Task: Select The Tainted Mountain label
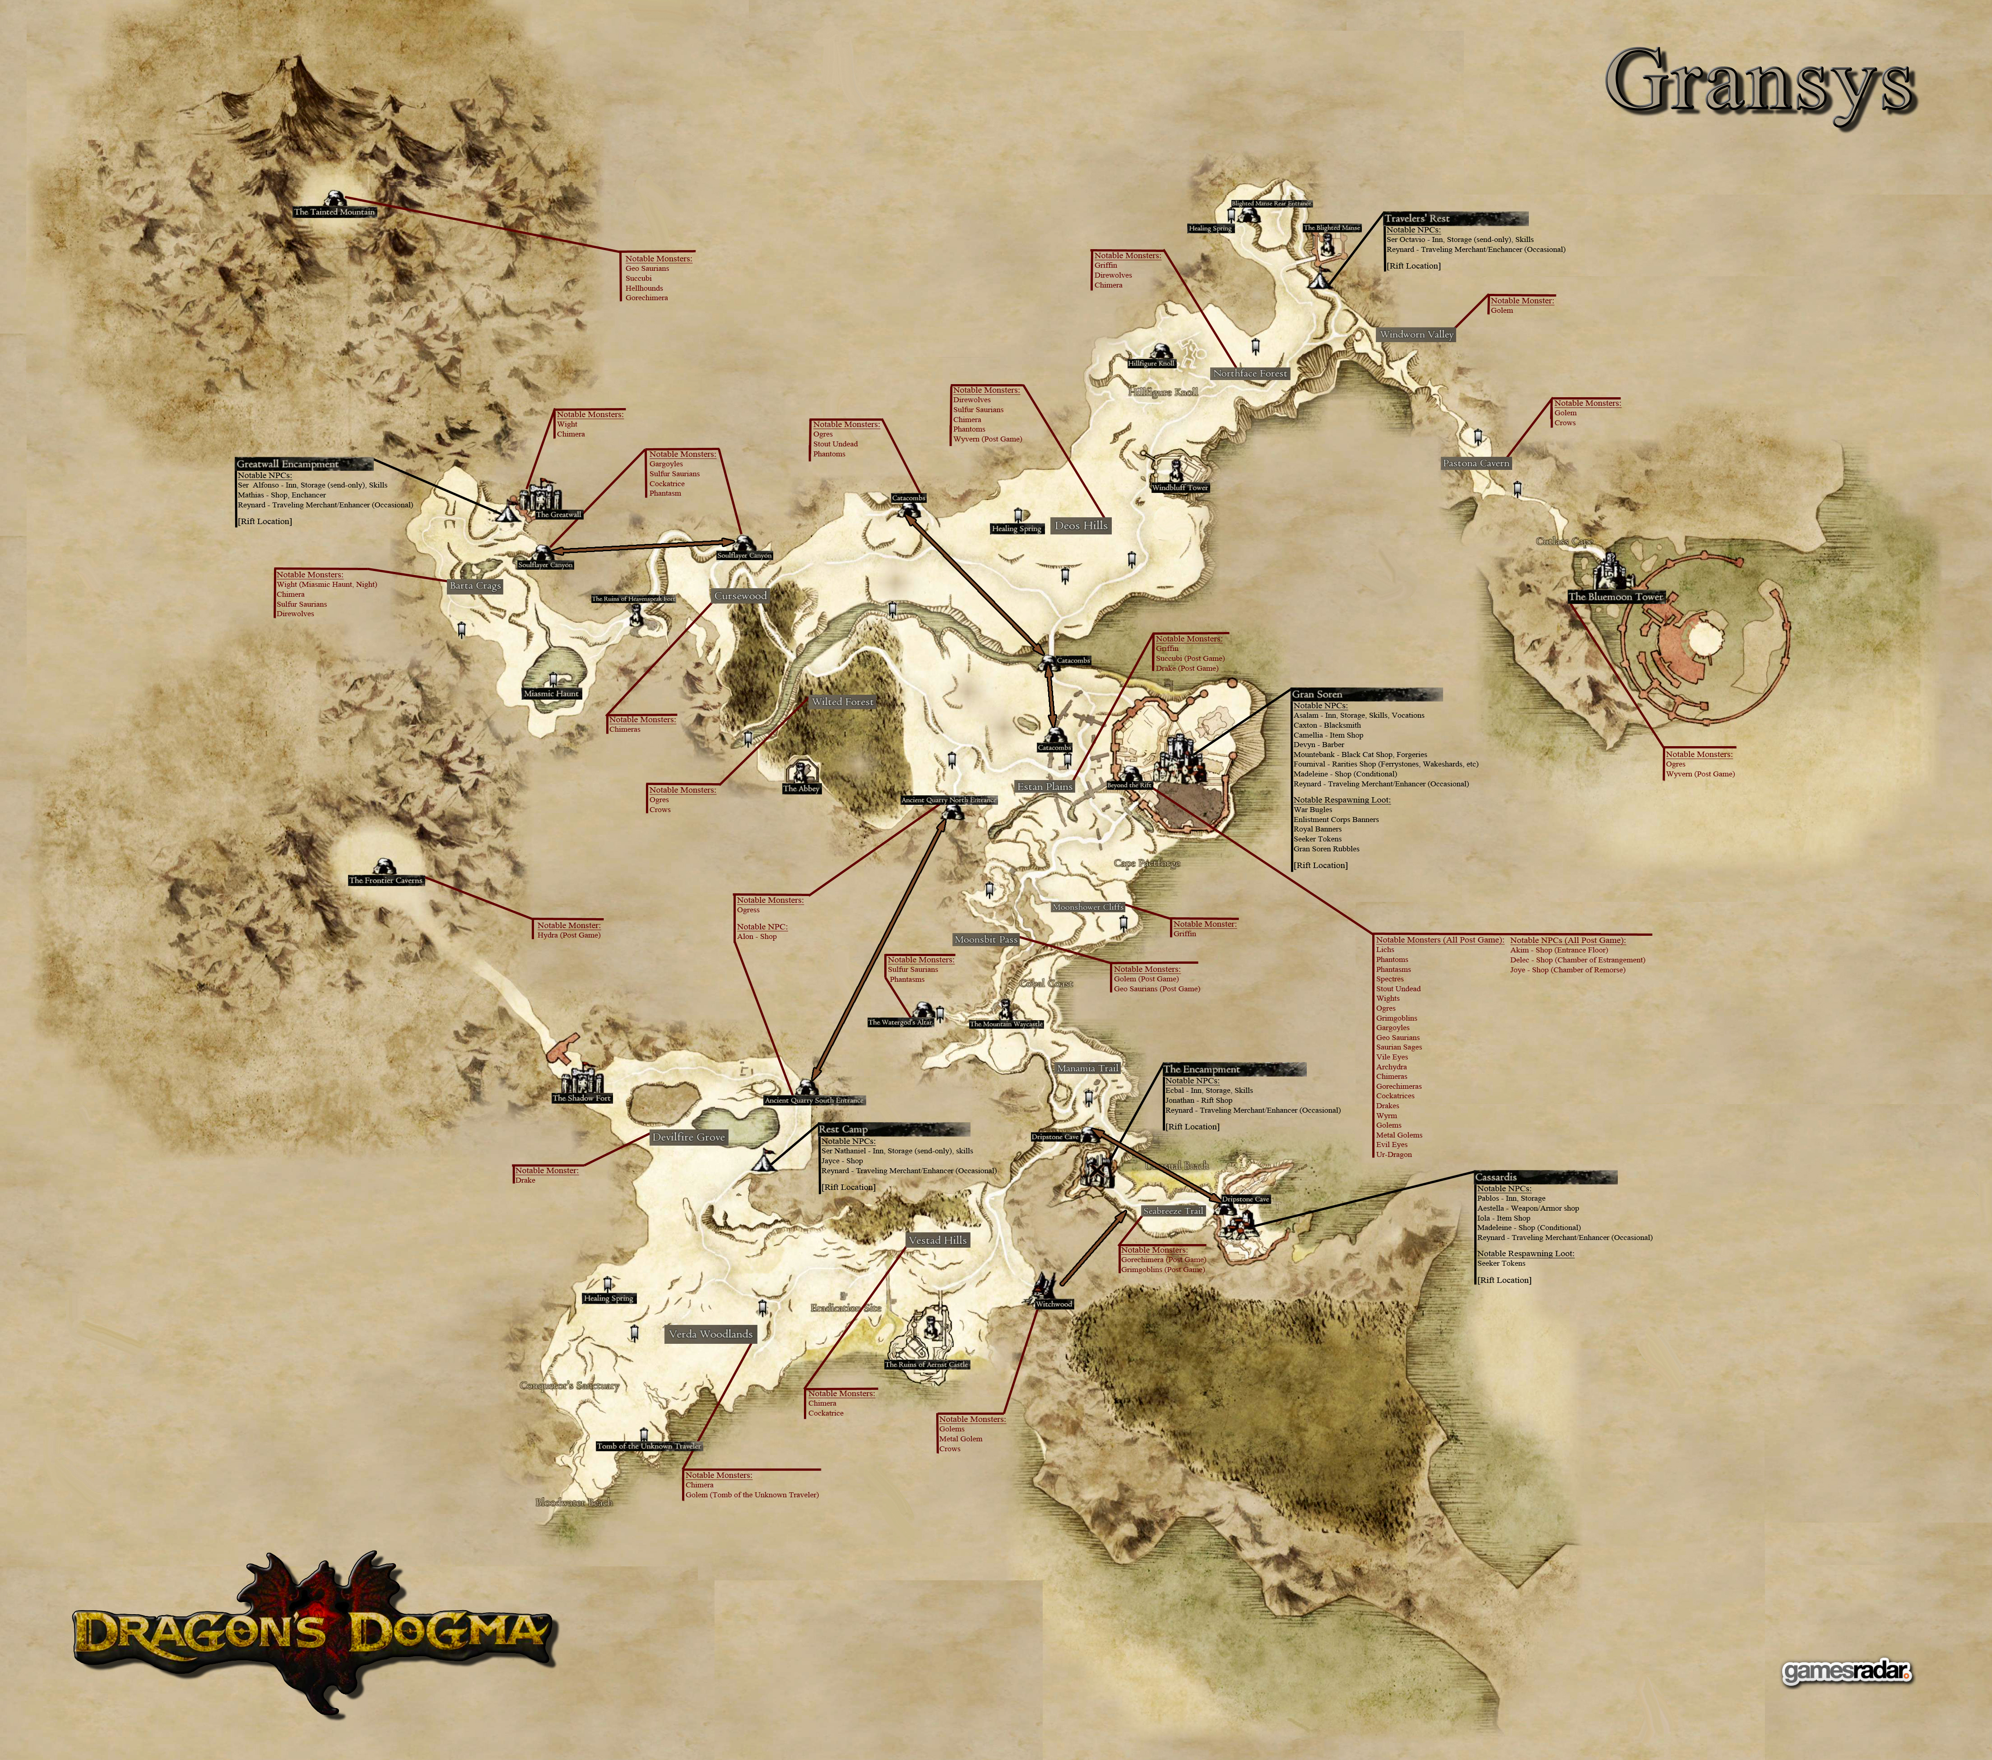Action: (334, 211)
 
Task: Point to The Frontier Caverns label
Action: (386, 880)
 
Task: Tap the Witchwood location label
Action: (1054, 1304)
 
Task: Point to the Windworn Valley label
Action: (1416, 334)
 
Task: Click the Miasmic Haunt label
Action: (552, 694)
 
